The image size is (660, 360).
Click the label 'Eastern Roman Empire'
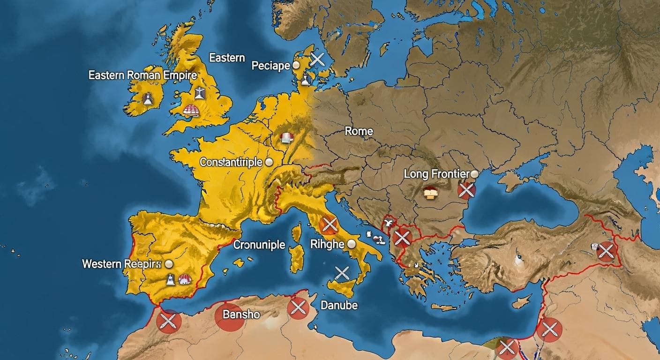(x=142, y=75)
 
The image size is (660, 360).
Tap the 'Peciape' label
(x=271, y=66)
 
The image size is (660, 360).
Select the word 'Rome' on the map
(x=359, y=131)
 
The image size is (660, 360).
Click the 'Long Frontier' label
(x=436, y=174)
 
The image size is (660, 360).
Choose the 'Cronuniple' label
(x=259, y=245)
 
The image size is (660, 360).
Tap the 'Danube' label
(x=339, y=306)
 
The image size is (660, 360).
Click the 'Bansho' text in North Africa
(x=241, y=314)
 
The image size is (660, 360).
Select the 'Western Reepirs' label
(x=121, y=264)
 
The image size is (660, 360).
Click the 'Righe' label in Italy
(x=328, y=244)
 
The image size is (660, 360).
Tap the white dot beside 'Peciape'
(x=296, y=66)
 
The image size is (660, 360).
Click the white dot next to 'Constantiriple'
(x=269, y=162)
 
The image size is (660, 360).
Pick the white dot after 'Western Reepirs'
(x=169, y=264)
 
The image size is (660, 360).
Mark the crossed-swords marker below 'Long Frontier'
(x=466, y=190)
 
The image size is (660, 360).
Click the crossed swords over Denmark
(x=318, y=59)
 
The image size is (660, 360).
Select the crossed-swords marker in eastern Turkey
(x=606, y=251)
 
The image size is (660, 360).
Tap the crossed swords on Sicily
(x=342, y=273)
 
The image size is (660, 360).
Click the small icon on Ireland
(x=148, y=98)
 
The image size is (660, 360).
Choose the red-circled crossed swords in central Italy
(x=330, y=225)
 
